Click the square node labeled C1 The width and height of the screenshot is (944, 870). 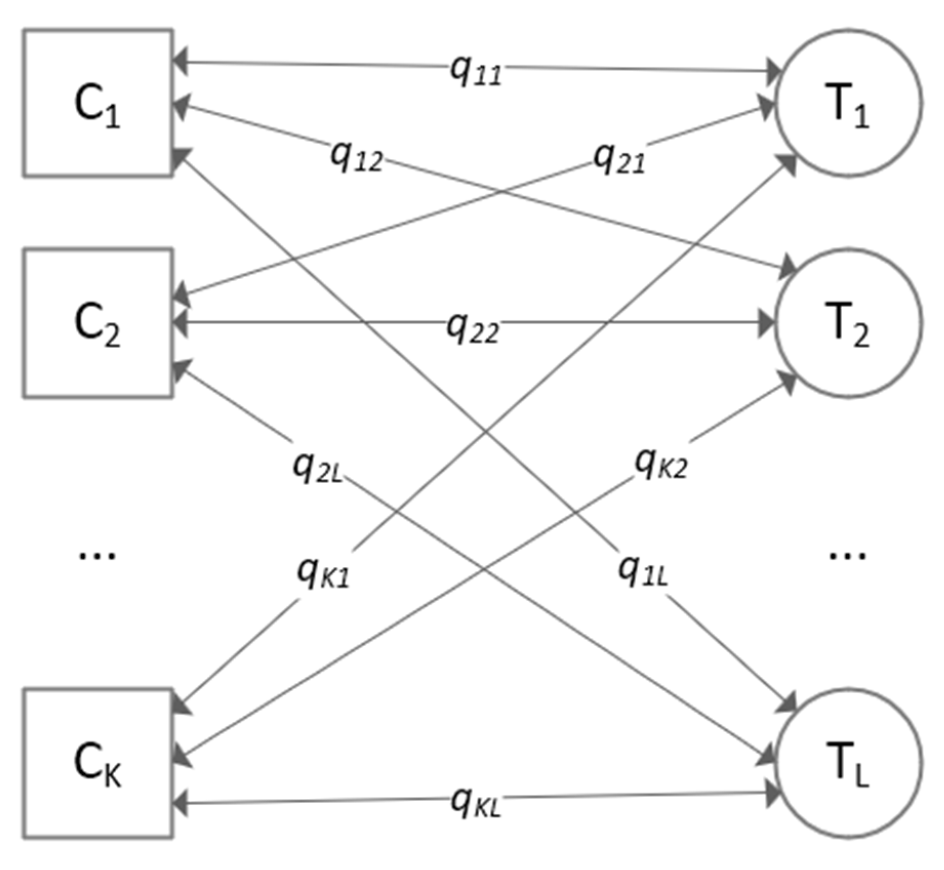coord(97,103)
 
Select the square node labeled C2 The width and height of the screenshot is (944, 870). coord(97,323)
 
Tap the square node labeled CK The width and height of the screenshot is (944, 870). coord(97,763)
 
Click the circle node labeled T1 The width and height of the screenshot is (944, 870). coord(848,103)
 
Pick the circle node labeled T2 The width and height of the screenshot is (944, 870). coord(848,323)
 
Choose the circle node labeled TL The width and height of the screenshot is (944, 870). coord(848,763)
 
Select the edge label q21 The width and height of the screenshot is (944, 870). coord(618,158)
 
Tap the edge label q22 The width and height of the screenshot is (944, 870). coord(472,328)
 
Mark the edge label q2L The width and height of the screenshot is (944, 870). coord(317,467)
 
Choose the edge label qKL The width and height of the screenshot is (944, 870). coord(475,801)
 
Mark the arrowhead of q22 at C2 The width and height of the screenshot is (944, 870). coord(180,323)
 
